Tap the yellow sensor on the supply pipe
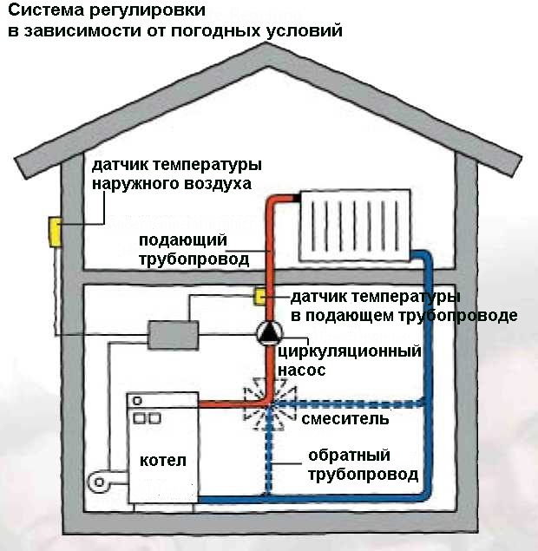(259, 297)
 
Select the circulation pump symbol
(268, 332)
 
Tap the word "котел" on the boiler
(163, 459)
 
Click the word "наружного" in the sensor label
(132, 184)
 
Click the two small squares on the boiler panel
(146, 418)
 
